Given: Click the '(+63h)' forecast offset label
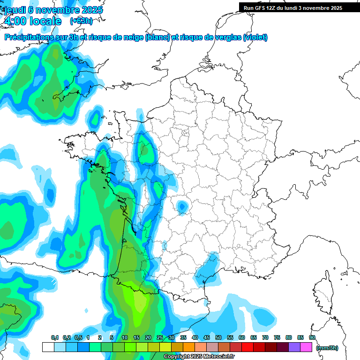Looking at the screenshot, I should [81, 21].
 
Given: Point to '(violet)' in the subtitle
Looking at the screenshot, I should [255, 37].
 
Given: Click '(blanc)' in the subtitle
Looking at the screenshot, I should [157, 37].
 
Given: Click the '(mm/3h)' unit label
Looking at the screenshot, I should [327, 347].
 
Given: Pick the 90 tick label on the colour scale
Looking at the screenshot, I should [312, 337].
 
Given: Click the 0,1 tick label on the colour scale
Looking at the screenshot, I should [54, 337].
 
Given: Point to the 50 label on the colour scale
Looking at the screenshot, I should [218, 337].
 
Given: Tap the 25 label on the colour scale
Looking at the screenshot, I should [159, 337].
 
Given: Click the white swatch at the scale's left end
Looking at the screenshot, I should [48, 347].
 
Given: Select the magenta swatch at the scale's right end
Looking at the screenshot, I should [307, 347].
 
